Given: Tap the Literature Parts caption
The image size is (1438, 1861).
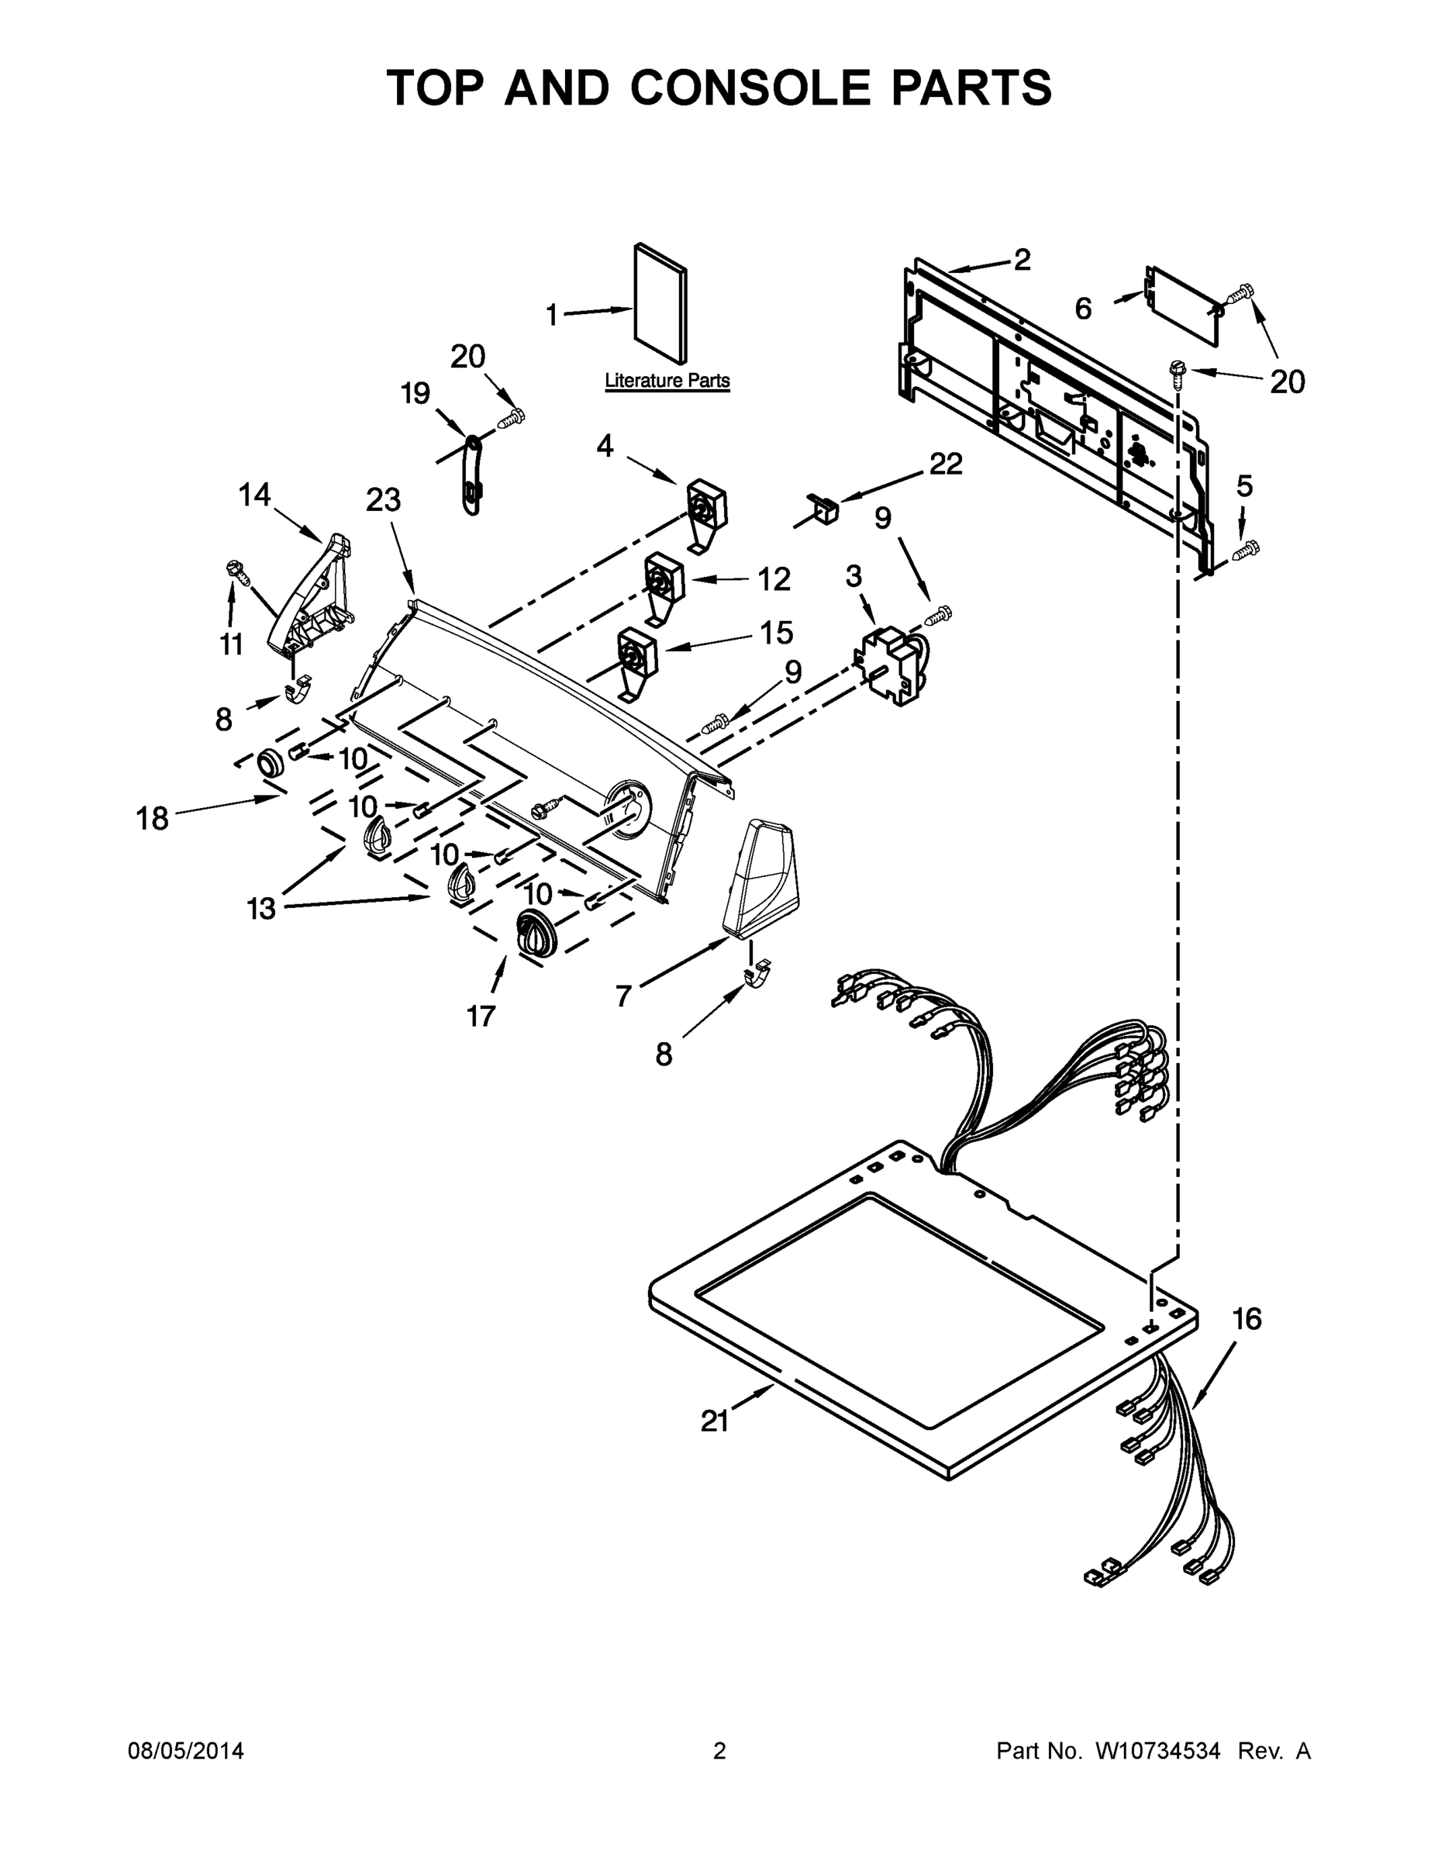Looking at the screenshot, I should point(667,380).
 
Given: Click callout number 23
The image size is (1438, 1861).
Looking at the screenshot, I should point(384,500).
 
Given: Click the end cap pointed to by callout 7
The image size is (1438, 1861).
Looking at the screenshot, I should point(760,878).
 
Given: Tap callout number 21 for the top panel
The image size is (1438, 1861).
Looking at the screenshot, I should point(715,1421).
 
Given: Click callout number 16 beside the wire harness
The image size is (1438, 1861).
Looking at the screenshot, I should point(1247,1319).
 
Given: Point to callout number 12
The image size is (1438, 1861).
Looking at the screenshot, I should point(774,579).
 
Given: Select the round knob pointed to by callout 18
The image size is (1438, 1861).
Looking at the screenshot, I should point(271,761).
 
